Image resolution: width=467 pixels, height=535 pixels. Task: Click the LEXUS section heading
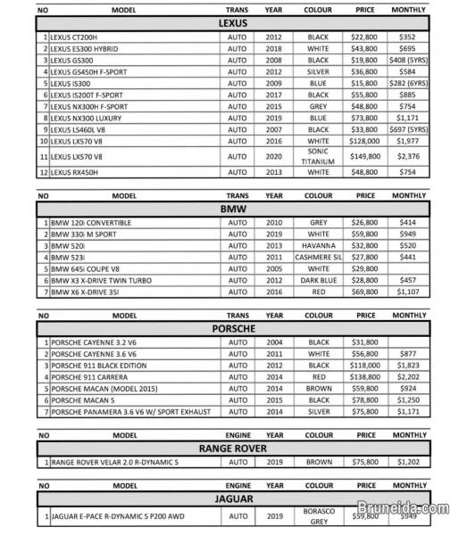pos(233,22)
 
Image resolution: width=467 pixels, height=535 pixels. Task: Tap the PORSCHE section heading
pos(233,328)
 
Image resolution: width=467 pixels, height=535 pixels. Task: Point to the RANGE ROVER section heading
pos(233,448)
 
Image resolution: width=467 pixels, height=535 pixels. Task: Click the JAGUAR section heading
pos(233,497)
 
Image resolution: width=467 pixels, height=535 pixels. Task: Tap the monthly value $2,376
pos(409,157)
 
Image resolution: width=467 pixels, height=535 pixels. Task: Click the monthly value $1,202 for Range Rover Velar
pos(409,463)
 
